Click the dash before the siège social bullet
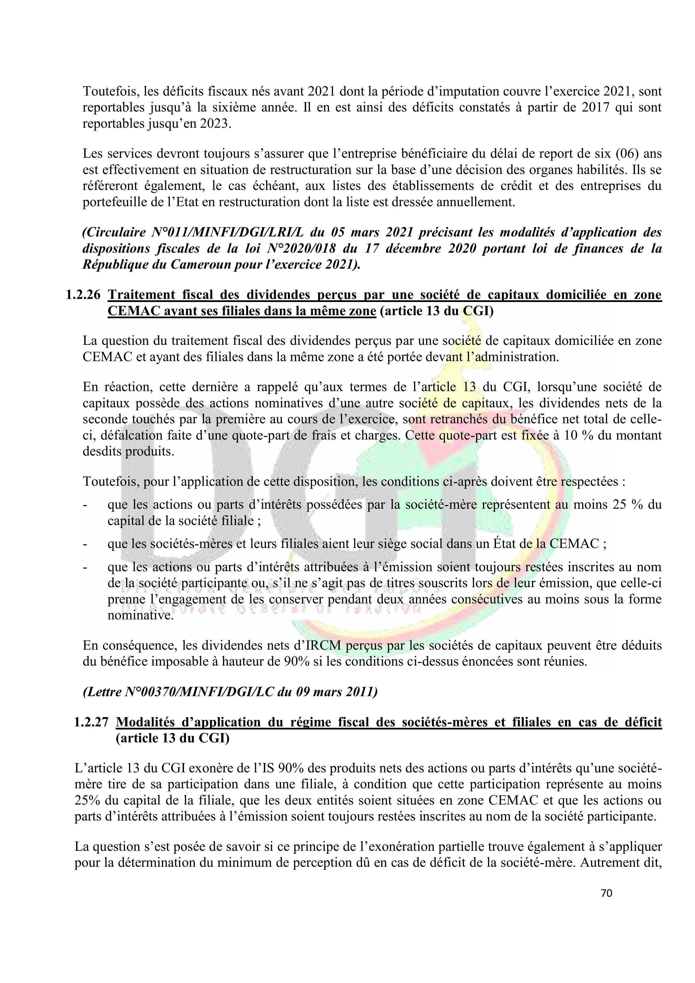click(85, 544)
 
